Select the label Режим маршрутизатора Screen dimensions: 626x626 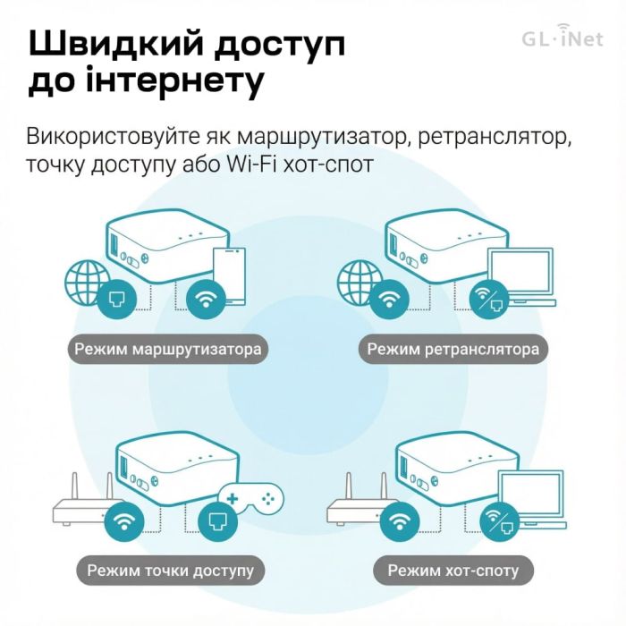[168, 349]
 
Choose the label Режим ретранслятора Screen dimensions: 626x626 [453, 349]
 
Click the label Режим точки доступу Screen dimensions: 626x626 [170, 570]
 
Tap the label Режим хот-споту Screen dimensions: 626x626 [453, 570]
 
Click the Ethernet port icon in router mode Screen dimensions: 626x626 [118, 298]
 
